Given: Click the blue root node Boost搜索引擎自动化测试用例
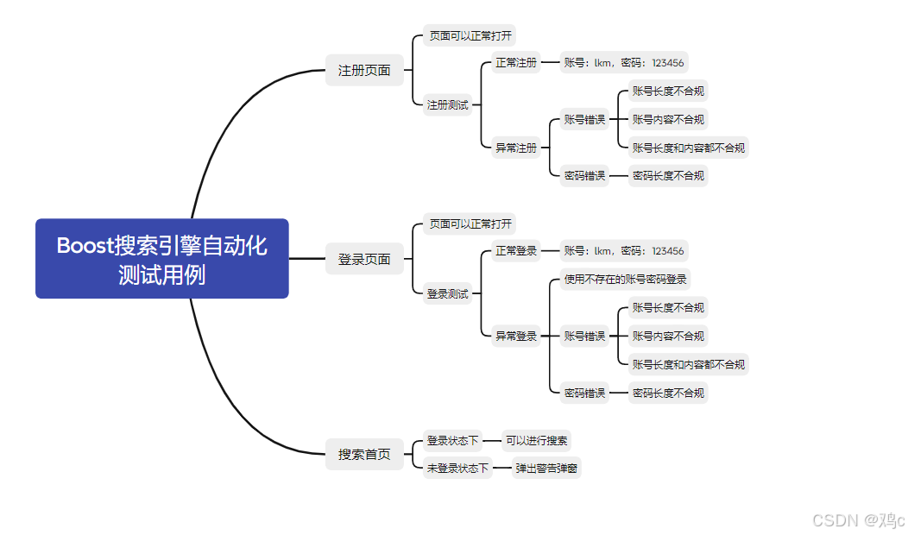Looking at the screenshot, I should (x=161, y=259).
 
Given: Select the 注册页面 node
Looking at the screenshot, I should (x=364, y=71).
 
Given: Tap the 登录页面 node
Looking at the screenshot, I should (x=364, y=259).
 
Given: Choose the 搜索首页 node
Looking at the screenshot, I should (x=364, y=455).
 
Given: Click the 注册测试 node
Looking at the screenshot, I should (x=447, y=104).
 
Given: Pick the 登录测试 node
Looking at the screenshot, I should (x=447, y=294).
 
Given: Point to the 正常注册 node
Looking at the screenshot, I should (x=515, y=63).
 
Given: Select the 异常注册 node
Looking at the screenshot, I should (x=515, y=148).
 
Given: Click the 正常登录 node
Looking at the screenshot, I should (x=515, y=251).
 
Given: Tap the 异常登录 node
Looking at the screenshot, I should (x=515, y=336).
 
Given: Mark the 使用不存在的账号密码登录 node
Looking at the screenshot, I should (x=626, y=280).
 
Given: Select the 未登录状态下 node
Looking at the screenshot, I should (x=457, y=469).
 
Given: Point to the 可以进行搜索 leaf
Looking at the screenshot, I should (x=536, y=441).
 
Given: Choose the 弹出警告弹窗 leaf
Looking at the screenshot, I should (x=546, y=469).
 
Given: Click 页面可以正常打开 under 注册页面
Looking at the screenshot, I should (x=470, y=36).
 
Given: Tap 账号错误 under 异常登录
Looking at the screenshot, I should (x=584, y=336).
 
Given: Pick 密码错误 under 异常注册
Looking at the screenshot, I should (x=584, y=175).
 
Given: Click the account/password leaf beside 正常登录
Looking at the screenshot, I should (x=624, y=251).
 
